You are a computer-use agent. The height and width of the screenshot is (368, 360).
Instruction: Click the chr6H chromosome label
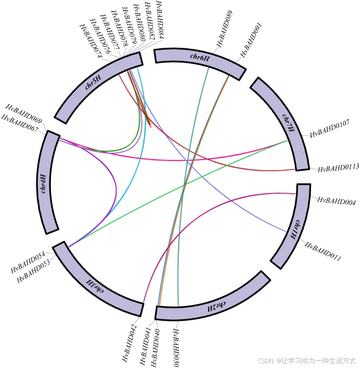[200, 57]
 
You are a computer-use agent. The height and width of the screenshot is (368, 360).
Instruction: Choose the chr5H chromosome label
[93, 82]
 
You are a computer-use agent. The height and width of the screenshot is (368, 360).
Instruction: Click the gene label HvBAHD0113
[338, 169]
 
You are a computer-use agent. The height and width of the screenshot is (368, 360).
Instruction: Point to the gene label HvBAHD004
[337, 201]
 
